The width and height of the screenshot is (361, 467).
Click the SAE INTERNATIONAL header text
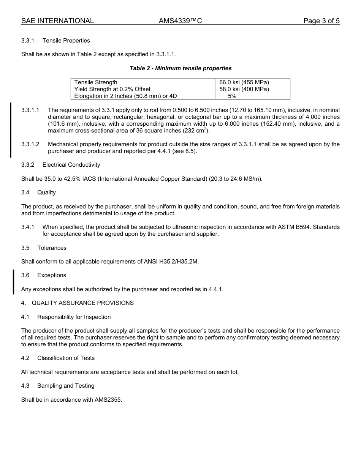[57, 21]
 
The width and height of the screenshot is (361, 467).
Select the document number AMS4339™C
[180, 21]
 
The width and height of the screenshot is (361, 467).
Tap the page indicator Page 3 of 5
[321, 21]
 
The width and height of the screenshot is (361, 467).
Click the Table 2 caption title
[180, 68]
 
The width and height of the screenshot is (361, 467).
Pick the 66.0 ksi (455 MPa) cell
[244, 82]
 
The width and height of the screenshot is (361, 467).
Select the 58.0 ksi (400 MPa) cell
[244, 89]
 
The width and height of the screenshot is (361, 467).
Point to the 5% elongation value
[232, 96]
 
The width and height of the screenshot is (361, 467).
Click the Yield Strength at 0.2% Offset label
[112, 89]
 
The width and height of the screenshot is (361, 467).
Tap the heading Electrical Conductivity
[71, 165]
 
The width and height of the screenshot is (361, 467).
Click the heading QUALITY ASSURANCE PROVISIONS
[82, 303]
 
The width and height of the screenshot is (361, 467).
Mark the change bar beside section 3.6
[14, 282]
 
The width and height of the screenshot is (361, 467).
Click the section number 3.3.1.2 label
[30, 144]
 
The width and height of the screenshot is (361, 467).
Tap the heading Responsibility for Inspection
[74, 317]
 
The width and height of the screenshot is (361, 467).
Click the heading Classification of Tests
[66, 358]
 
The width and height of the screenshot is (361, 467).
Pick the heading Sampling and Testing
[66, 386]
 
